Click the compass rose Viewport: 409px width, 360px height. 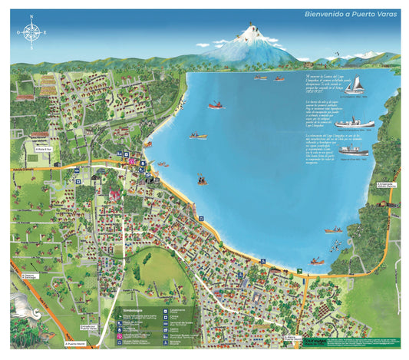click(x=31, y=32)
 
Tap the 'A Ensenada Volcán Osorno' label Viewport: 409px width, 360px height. click(x=386, y=186)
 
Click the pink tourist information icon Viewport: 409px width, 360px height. click(x=133, y=162)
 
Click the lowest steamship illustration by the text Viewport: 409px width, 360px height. click(x=355, y=150)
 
